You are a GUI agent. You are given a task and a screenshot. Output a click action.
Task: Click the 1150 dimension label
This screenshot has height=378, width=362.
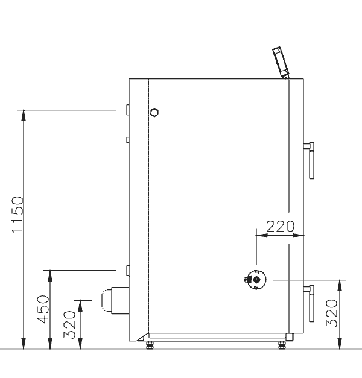tap(17, 215)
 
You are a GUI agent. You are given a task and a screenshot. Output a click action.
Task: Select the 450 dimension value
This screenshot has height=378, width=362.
tap(43, 309)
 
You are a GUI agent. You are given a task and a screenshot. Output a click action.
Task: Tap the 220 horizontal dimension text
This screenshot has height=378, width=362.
tap(280, 226)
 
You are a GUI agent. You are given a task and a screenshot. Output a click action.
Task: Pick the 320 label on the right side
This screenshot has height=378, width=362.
tap(331, 313)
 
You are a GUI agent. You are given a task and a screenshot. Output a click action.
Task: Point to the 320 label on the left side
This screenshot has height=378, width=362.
tap(69, 325)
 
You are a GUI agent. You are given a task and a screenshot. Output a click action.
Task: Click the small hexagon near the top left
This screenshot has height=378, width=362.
tap(154, 113)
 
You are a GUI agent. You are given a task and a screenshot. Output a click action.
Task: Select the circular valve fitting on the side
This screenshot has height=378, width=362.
tap(256, 280)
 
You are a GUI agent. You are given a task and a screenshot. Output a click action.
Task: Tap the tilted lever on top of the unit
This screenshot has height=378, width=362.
tap(281, 63)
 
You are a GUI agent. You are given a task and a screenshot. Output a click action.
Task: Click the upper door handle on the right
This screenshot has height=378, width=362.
tap(310, 160)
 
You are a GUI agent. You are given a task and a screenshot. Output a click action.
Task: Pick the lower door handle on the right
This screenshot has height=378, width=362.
tap(310, 303)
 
